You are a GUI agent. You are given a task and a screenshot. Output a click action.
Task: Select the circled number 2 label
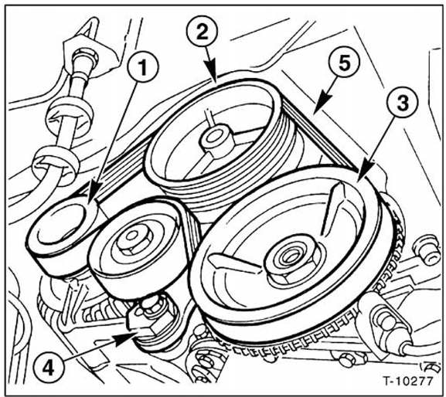pos(203,33)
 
